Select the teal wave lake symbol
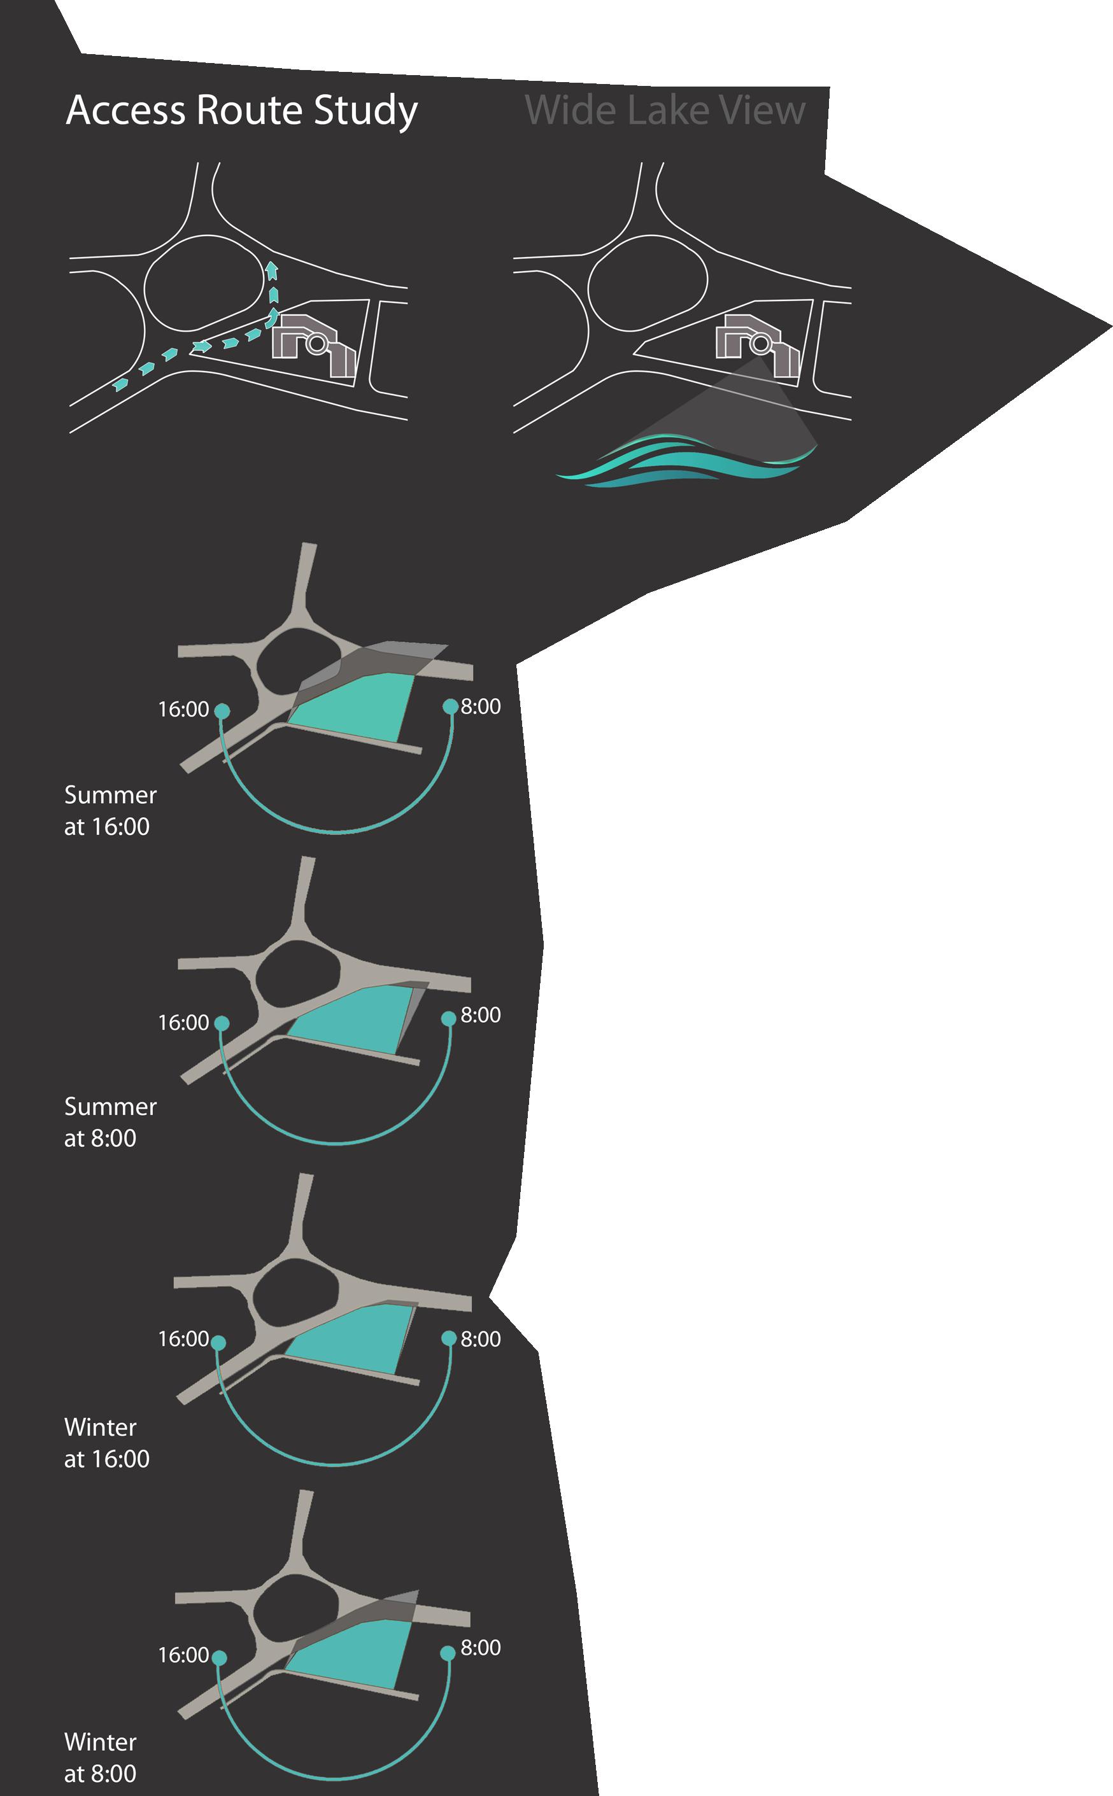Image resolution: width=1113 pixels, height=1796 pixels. click(684, 461)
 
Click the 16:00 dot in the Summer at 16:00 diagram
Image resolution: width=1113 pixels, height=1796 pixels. click(222, 710)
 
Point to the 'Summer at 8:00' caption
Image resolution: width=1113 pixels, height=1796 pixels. click(110, 1122)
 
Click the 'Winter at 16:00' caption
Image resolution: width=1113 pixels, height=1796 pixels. click(107, 1443)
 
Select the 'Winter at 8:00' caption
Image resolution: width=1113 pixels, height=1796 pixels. click(100, 1758)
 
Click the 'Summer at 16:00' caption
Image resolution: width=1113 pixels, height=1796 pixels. click(110, 810)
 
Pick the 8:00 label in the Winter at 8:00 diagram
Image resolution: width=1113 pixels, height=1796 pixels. click(481, 1647)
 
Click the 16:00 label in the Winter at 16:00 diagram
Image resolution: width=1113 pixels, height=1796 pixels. click(183, 1338)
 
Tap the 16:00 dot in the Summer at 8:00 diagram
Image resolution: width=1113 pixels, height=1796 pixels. click(222, 1023)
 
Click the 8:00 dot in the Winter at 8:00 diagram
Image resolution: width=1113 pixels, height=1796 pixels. click(447, 1653)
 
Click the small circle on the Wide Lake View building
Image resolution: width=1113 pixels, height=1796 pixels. click(760, 343)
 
